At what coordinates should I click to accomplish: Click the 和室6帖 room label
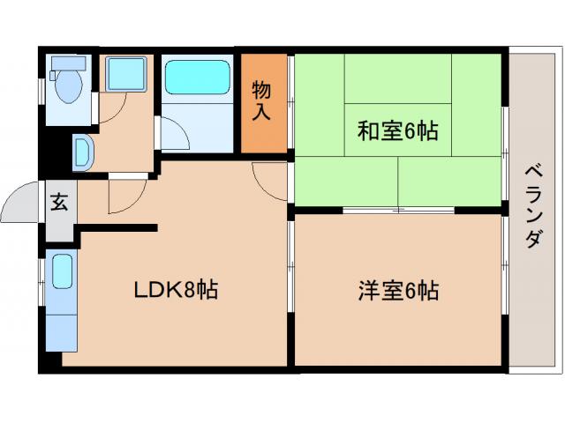[x=397, y=131]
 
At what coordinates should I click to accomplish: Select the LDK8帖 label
[x=176, y=289]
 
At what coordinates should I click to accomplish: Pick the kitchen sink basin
[x=62, y=271]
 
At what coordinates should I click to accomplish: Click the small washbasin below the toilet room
[x=82, y=152]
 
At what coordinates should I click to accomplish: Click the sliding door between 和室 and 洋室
[x=397, y=211]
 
